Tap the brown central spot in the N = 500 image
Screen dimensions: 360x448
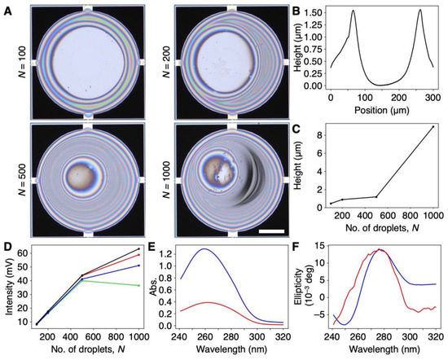click(81, 176)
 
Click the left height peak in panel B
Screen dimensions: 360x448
click(354, 11)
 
